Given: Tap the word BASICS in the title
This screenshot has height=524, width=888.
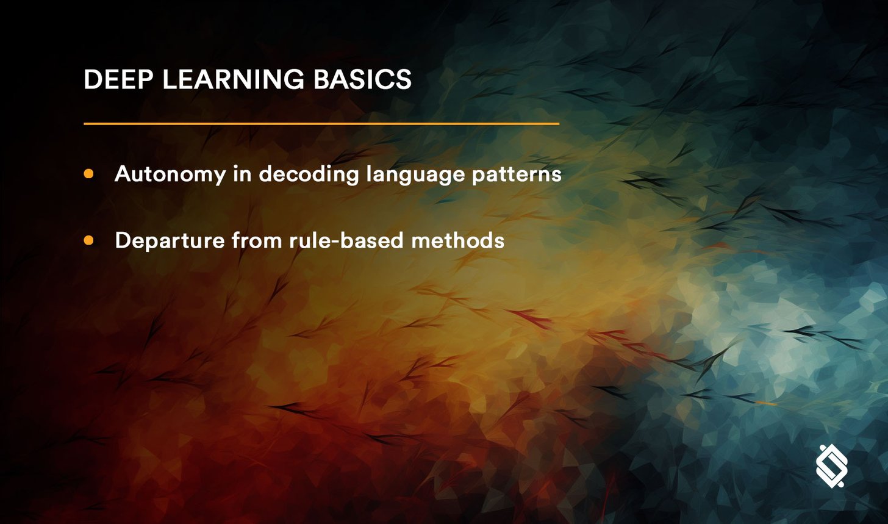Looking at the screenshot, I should pos(362,80).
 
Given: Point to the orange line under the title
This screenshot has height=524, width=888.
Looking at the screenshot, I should pos(321,124).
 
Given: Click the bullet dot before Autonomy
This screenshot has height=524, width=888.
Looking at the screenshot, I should pos(89,174).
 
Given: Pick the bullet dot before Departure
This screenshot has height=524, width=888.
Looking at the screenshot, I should pos(89,240).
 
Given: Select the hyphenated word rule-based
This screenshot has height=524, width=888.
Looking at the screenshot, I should pos(347,240).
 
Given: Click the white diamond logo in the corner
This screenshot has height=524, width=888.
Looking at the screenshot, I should pos(832,466).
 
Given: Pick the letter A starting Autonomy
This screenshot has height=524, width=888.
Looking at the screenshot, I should pos(123,174).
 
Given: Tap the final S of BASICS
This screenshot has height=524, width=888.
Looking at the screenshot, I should pos(404,80).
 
